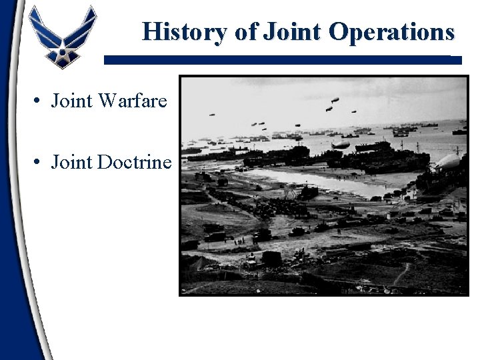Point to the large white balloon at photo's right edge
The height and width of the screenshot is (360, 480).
click(x=449, y=161)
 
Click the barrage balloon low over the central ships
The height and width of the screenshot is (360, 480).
click(x=340, y=144)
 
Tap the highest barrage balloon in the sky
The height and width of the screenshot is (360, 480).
click(x=335, y=100)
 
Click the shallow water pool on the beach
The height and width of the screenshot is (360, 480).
click(x=313, y=180)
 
